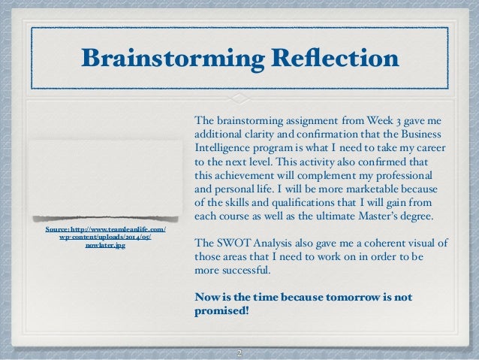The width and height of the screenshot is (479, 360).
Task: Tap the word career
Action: pyautogui.click(x=432, y=147)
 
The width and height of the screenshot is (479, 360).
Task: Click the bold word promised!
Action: pyautogui.click(x=221, y=310)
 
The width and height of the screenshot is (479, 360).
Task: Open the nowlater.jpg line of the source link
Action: pyautogui.click(x=105, y=246)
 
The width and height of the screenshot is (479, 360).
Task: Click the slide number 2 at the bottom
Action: pyautogui.click(x=239, y=352)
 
